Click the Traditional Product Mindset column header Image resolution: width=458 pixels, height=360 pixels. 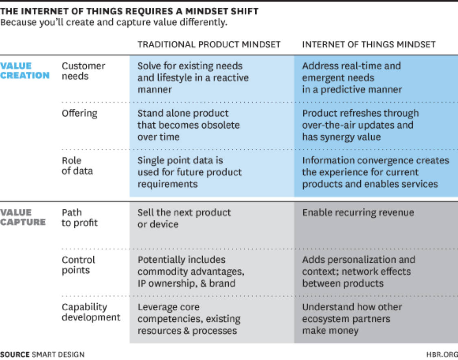tap(209, 44)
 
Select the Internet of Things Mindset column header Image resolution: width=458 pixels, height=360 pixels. tap(368, 44)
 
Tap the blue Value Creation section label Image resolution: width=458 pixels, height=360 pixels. tap(25, 70)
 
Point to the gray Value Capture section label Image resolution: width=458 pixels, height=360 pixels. tap(23, 217)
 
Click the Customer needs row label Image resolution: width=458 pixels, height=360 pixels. tap(83, 70)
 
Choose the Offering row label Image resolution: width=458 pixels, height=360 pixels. tap(79, 113)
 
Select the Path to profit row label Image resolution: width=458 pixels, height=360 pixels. tap(79, 217)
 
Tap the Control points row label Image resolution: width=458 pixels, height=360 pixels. tap(78, 265)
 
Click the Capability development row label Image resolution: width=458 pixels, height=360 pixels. tap(91, 312)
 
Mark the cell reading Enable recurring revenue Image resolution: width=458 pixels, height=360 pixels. tap(358, 212)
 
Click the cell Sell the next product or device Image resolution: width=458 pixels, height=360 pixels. tap(184, 218)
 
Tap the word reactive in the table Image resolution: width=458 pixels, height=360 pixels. tap(231, 78)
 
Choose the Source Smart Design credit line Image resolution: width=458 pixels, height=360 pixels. tap(42, 354)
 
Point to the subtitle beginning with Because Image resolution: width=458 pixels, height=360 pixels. tap(114, 22)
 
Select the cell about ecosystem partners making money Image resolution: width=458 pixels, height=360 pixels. tap(352, 318)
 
